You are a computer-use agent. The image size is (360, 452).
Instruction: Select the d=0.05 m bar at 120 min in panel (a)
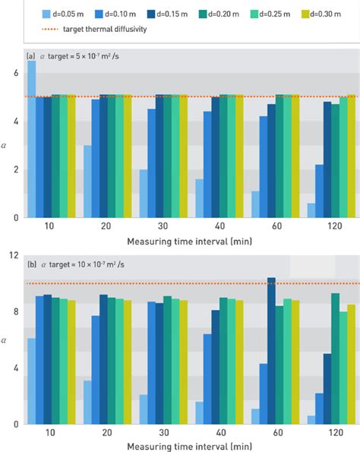[309, 210]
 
